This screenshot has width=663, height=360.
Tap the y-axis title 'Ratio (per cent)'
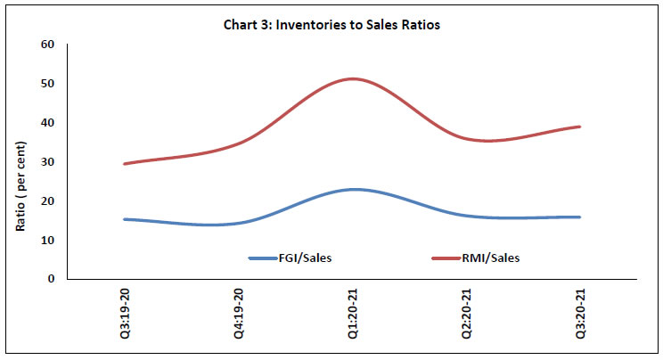pyautogui.click(x=20, y=161)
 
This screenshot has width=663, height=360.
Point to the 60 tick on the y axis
pyautogui.click(x=48, y=45)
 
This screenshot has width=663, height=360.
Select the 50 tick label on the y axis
pyautogui.click(x=48, y=84)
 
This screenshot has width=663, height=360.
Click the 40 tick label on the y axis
pyautogui.click(x=48, y=123)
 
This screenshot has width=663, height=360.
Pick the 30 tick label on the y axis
pyautogui.click(x=48, y=162)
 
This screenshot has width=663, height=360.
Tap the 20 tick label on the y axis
pyautogui.click(x=48, y=201)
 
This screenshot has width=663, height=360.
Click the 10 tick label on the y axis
pyautogui.click(x=48, y=241)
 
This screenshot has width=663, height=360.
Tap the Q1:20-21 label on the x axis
pyautogui.click(x=352, y=316)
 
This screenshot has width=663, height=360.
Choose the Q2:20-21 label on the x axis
pyautogui.click(x=466, y=316)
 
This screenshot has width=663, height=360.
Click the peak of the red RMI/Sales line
pyautogui.click(x=354, y=78)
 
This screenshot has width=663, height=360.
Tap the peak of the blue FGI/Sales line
pyautogui.click(x=354, y=189)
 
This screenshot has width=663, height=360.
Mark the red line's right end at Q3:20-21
pyautogui.click(x=580, y=127)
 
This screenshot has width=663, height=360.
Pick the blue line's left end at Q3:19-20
pyautogui.click(x=124, y=219)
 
